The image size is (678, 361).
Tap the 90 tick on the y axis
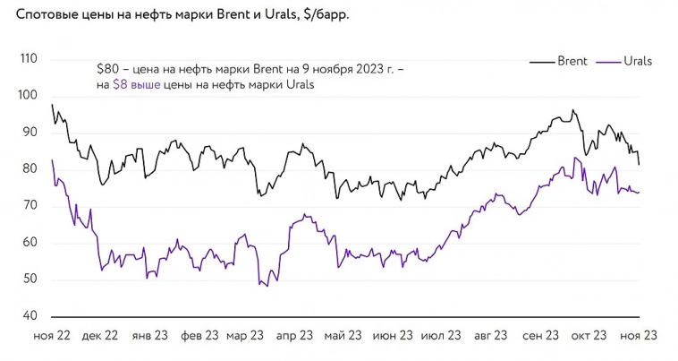pos(30,133)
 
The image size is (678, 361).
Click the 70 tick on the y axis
pos(30,206)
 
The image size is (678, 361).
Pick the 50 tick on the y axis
pos(30,279)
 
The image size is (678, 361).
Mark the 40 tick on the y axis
pos(30,316)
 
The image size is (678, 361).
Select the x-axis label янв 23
pos(148,335)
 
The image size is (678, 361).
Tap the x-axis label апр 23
pos(294,335)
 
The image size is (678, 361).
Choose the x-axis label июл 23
pos(441,335)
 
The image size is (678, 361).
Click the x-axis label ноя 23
pos(639,335)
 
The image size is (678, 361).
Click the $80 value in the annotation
pos(108,68)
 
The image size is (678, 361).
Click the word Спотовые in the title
pos(47,13)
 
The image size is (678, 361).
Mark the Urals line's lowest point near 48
pos(267,286)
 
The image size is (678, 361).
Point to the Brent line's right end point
pos(639,165)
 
